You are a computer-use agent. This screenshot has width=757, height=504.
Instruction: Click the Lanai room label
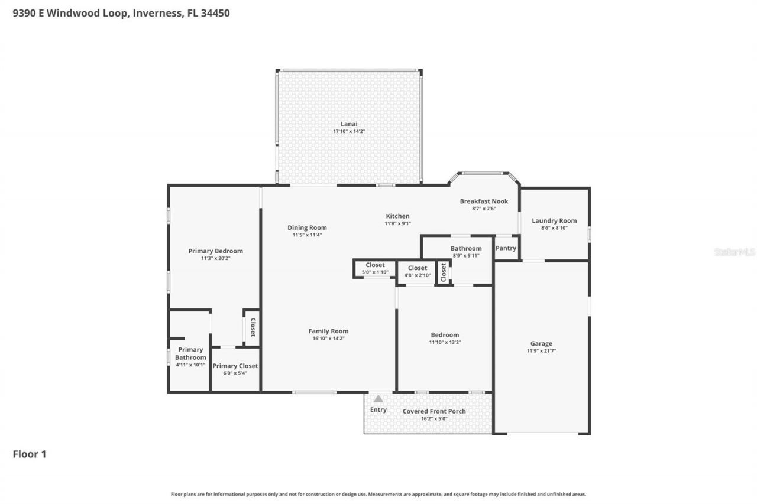[349, 124]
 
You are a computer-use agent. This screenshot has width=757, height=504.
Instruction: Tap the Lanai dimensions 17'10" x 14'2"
[349, 131]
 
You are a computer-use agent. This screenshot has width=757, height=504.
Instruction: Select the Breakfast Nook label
[484, 201]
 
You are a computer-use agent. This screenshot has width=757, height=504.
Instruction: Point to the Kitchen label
[398, 216]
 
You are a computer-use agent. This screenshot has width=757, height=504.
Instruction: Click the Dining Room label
[307, 227]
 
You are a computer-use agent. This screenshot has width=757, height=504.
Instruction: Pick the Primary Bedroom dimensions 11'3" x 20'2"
[216, 258]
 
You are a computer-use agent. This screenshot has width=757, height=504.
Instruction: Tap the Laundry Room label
[554, 221]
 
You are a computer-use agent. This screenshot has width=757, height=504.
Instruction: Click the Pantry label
[506, 248]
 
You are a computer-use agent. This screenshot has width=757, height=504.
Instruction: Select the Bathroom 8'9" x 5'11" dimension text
[466, 255]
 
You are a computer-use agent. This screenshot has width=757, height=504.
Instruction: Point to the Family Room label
[328, 331]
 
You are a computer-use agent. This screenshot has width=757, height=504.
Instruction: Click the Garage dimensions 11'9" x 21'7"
[541, 351]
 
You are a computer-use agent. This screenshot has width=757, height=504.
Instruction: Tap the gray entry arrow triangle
[378, 399]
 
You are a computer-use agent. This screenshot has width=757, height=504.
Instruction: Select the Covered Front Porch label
[434, 411]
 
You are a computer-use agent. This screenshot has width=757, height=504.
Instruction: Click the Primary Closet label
[235, 366]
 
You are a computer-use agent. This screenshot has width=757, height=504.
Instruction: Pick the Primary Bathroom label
[190, 353]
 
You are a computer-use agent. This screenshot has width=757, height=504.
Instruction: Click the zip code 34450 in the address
[215, 13]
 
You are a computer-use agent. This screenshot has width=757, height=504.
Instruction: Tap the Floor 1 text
[30, 454]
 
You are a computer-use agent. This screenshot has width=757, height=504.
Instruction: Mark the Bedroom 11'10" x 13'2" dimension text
[445, 342]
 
